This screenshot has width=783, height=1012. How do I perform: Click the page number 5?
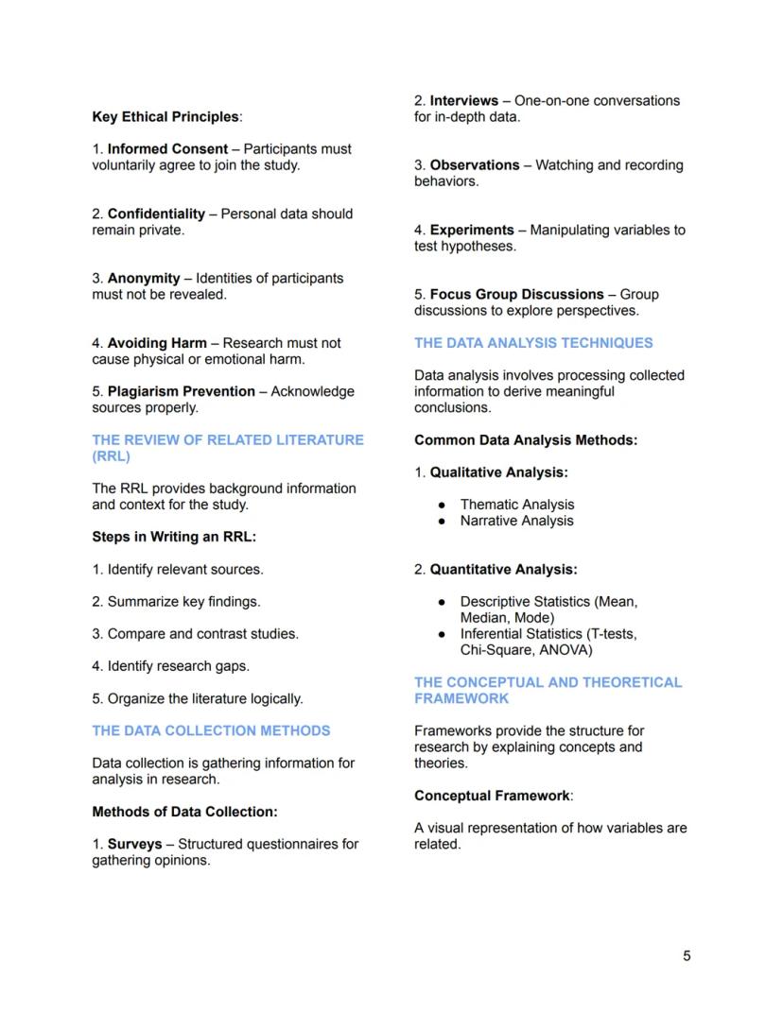687,955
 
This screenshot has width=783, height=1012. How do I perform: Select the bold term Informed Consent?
167,149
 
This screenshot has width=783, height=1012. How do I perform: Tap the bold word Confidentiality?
156,214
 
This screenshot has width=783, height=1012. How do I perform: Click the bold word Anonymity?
144,279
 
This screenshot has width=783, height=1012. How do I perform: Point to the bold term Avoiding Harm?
157,343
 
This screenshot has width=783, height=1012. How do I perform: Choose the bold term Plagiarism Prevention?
182,391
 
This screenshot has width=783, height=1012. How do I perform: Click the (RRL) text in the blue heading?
111,456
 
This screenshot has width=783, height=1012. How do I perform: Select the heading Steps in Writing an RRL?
174,537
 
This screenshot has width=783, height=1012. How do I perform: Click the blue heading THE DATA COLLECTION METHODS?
211,730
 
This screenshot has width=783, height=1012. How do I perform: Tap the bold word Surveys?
134,844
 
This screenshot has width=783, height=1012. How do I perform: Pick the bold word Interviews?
464,100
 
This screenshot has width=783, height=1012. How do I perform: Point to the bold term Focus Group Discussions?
516,295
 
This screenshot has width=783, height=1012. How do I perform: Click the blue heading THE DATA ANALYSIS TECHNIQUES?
533,343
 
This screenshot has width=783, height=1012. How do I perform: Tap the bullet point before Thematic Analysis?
441,505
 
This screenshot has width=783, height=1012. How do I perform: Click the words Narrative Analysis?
516,521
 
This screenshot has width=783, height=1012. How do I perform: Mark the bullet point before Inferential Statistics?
441,634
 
